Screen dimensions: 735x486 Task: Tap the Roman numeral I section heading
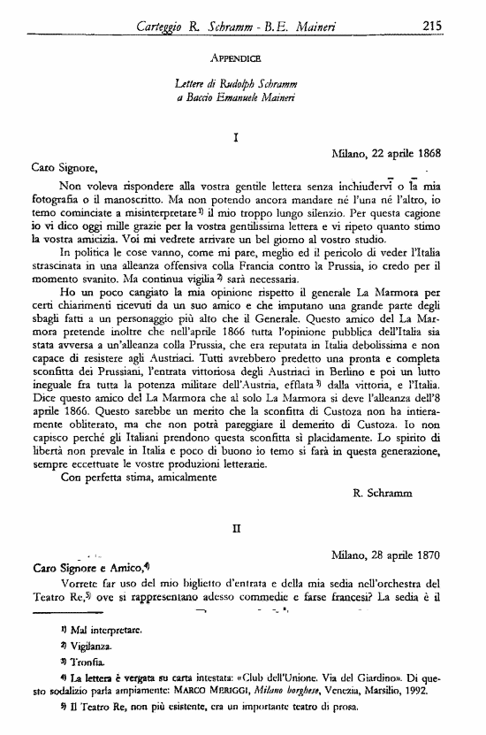pyautogui.click(x=235, y=138)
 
